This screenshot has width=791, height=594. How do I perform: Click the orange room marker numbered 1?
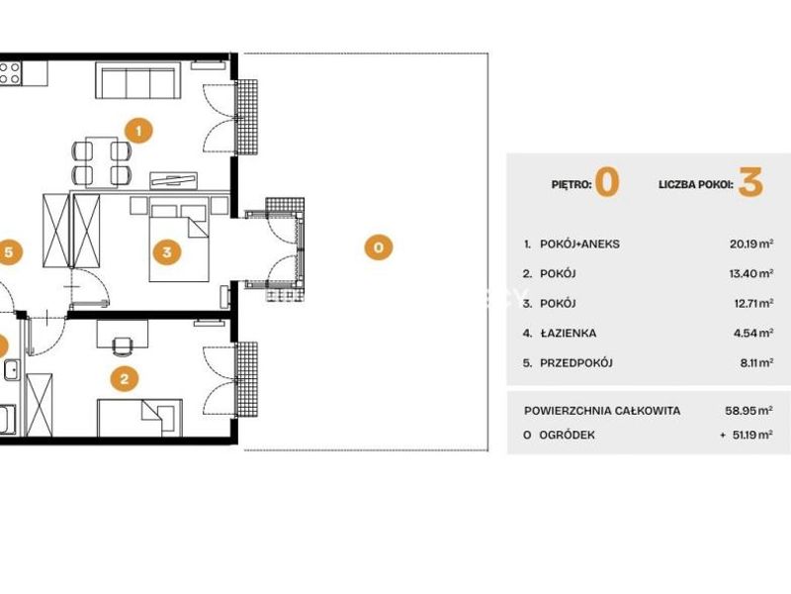coord(138,131)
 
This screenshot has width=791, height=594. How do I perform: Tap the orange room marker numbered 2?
coord(125,378)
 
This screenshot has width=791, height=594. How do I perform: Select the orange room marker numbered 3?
coord(166,251)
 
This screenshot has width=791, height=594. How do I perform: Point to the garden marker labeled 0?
coord(379,247)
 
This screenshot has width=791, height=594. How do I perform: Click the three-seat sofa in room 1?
coord(138,80)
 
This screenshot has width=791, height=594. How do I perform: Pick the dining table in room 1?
coord(102,162)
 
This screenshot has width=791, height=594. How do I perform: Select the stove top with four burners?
coord(10,72)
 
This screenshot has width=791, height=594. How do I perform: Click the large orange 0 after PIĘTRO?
coord(607,182)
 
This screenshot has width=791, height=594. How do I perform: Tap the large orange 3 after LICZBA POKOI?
coord(750,182)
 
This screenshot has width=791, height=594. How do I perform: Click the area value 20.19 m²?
coord(751,244)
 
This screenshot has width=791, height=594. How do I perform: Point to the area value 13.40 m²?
coord(751,274)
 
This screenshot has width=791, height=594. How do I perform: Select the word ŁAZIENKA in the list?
coord(568,334)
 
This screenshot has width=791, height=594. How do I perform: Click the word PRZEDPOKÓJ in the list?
coord(576,363)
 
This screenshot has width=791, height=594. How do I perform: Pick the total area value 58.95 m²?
coord(749,411)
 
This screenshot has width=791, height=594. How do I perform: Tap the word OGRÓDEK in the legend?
coord(567,435)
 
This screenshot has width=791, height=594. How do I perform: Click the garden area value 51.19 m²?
coord(752,435)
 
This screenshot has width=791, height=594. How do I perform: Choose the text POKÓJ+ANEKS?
coord(579,244)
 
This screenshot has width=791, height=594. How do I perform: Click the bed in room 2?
coord(139,418)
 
